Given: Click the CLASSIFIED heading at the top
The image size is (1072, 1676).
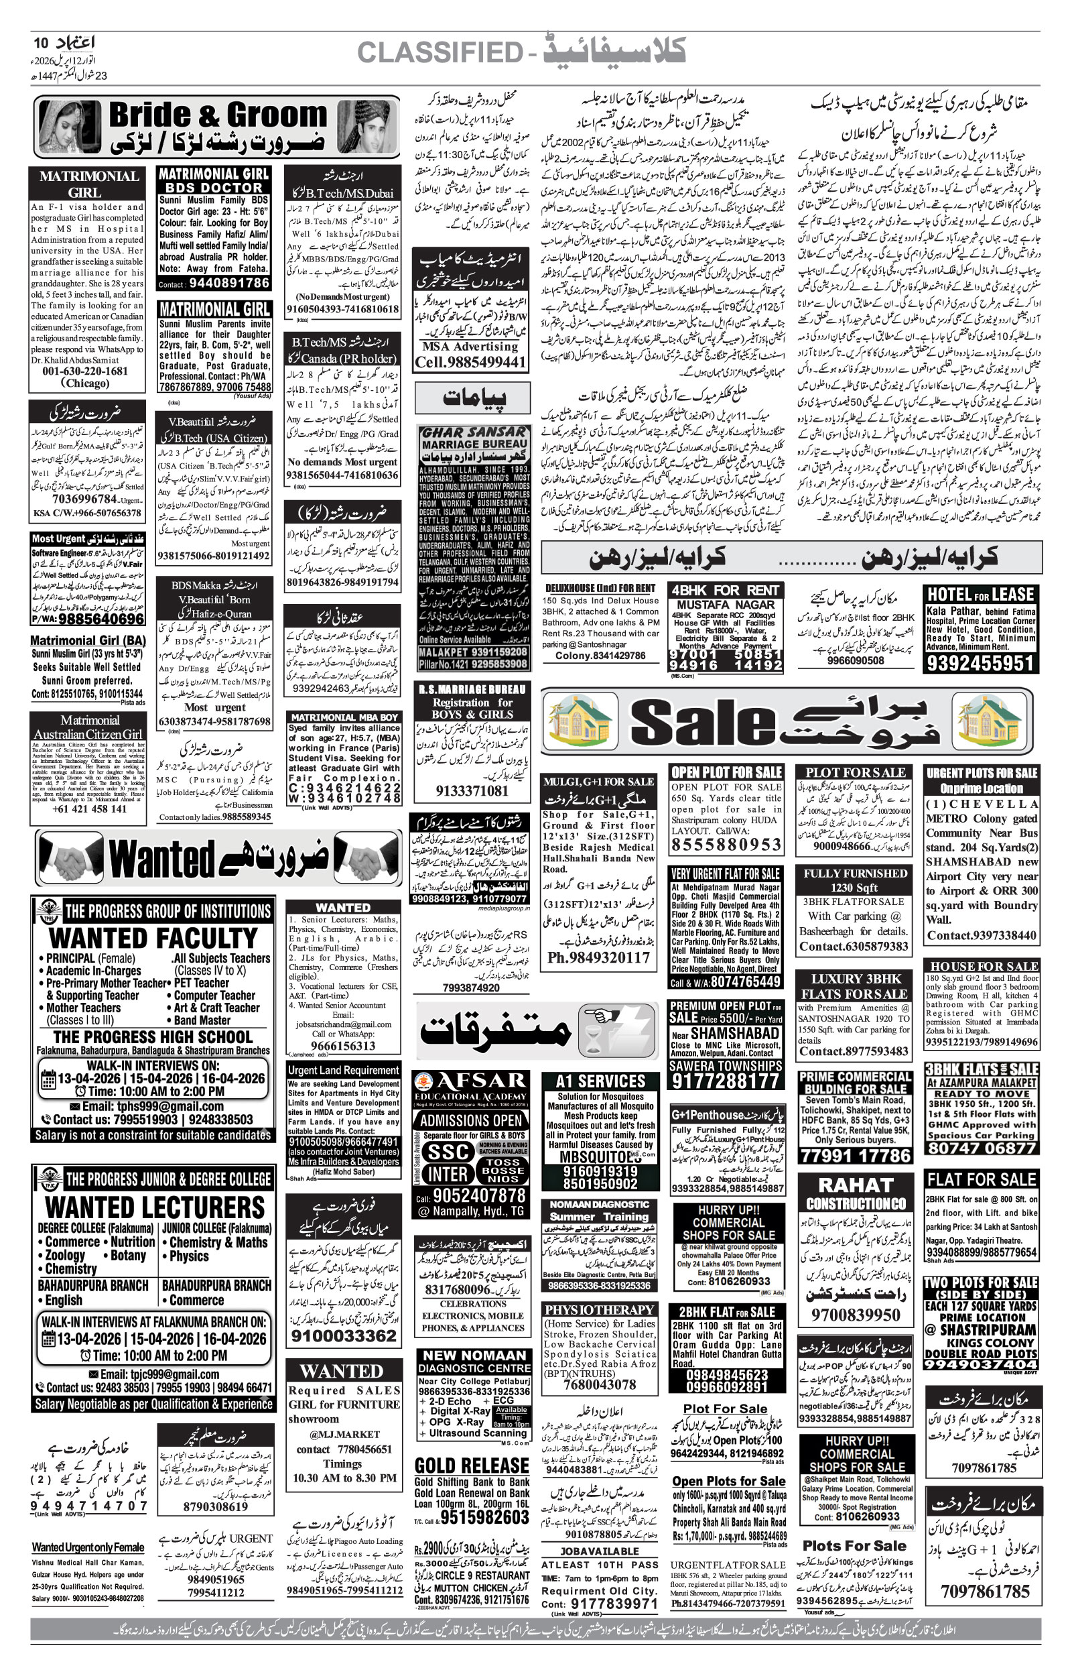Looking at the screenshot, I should (440, 52).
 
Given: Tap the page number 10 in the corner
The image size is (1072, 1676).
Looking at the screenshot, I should (42, 43).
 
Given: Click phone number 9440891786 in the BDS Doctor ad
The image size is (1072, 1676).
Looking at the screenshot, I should (228, 284).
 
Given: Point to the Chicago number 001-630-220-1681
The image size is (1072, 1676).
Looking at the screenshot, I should (85, 371).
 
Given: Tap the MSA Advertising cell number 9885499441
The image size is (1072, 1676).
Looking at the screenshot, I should (470, 362).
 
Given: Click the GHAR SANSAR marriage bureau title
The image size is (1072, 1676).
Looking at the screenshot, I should (473, 432).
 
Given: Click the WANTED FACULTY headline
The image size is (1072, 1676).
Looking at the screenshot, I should (153, 937).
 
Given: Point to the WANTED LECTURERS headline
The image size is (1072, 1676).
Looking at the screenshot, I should (155, 1207).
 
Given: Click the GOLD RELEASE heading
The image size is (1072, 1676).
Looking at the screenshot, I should (471, 1465).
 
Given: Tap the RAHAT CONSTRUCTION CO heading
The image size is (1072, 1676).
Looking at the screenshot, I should (856, 1193).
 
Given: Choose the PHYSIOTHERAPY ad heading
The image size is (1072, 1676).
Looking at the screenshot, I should (600, 1310).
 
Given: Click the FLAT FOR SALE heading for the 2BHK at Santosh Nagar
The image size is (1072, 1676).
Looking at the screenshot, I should (981, 1179).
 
